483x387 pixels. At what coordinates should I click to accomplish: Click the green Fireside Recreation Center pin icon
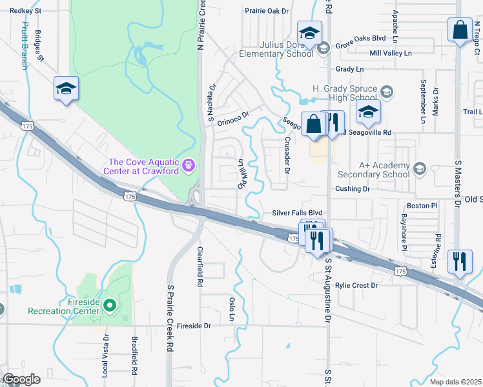[110, 304]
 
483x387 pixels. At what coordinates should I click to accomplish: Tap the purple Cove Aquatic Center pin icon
[189, 166]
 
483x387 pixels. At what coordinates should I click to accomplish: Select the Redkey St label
[26, 11]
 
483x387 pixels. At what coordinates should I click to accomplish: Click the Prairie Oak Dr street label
[267, 11]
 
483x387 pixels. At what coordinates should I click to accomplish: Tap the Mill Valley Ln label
[390, 54]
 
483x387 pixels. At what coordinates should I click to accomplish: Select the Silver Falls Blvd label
[296, 213]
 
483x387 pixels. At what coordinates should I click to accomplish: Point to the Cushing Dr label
[352, 189]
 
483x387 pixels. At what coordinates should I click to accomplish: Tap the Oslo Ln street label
[231, 310]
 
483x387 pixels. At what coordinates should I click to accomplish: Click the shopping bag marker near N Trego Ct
[460, 30]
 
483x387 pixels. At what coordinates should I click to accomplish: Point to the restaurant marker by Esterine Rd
[460, 262]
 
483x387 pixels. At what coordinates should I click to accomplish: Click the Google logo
[21, 379]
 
